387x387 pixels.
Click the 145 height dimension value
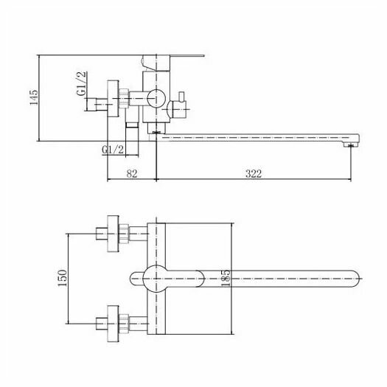[34, 97]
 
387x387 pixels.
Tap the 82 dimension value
[132, 173]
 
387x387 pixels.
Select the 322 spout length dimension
[254, 173]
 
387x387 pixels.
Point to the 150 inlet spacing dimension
[62, 278]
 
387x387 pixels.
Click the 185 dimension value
[226, 278]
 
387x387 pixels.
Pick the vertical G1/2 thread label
[81, 83]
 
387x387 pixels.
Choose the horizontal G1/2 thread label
[113, 150]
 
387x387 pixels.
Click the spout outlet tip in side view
[352, 145]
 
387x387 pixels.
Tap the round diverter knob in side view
[178, 108]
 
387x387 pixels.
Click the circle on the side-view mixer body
[156, 99]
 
